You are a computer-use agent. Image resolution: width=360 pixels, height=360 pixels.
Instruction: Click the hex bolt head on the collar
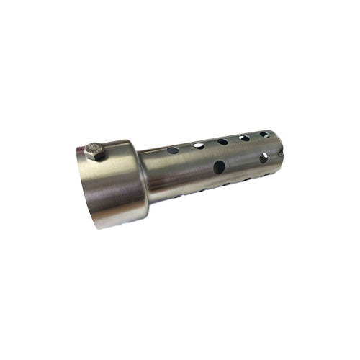click(95, 151)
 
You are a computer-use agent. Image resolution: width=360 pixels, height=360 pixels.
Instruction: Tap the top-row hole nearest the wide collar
click(173, 151)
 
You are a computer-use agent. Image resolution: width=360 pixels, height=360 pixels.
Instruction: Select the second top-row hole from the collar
click(198, 146)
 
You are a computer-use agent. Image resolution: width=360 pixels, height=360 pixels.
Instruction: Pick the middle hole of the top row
click(222, 141)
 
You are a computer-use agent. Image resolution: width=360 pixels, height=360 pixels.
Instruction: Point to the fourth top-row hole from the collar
click(245, 138)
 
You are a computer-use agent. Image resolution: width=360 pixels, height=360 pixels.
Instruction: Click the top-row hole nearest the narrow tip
click(265, 135)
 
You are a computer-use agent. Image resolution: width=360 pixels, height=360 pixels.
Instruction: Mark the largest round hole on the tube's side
click(219, 167)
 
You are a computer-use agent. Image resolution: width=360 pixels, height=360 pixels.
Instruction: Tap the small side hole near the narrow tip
click(264, 156)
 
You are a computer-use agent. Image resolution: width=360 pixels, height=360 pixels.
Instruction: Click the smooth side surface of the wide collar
click(119, 184)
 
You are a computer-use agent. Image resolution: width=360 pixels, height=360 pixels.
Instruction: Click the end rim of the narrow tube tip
click(274, 144)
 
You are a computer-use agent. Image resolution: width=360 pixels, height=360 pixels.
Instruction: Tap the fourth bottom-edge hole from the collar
click(243, 179)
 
